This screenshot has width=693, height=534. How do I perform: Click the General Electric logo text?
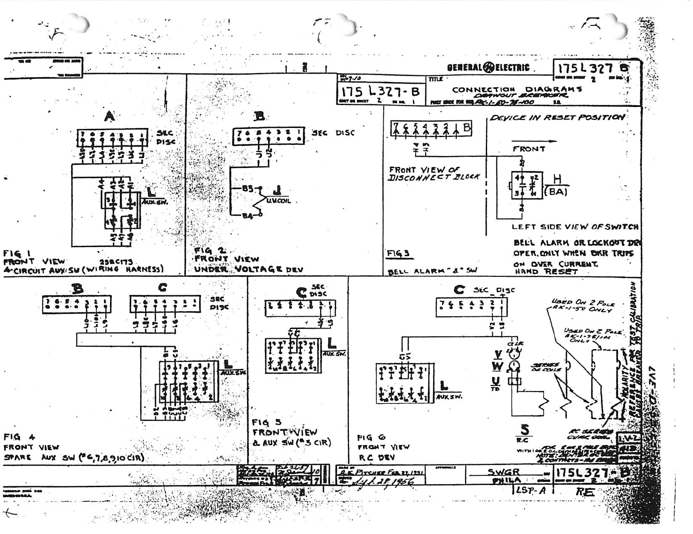tap(488, 68)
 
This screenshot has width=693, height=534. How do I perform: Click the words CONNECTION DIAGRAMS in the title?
tap(517, 89)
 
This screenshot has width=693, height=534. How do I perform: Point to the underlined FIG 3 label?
tap(398, 254)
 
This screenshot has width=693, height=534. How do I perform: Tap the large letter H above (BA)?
tap(557, 179)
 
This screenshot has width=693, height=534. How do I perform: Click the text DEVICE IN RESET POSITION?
tap(557, 117)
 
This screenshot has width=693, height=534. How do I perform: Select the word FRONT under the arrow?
tap(529, 149)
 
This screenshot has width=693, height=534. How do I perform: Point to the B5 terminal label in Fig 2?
tap(247, 189)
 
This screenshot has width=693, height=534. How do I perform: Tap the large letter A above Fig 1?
tap(110, 117)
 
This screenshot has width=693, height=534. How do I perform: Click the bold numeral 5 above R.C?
tap(524, 429)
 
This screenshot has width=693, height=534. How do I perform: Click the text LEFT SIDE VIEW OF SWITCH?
tap(575, 226)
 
